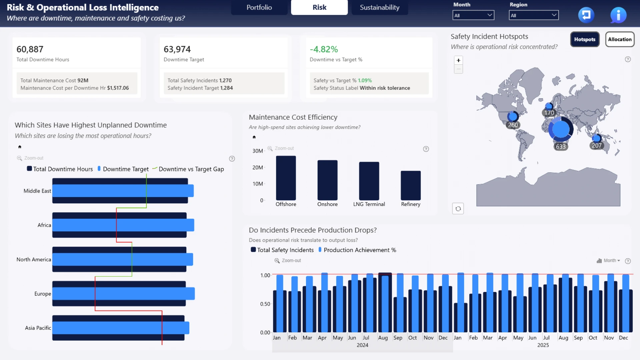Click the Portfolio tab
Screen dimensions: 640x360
259,7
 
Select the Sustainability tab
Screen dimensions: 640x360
379,7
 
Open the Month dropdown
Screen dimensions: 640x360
473,15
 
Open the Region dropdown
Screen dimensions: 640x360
533,15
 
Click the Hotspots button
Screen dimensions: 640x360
585,39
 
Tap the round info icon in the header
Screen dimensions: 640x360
618,15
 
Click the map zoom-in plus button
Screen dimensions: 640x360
458,60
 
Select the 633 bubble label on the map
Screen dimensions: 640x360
561,147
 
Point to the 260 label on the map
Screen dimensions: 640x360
513,125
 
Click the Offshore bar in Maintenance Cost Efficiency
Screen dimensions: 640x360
286,178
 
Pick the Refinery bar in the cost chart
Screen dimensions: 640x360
411,186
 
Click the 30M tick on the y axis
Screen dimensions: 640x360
258,151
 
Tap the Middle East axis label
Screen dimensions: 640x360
37,191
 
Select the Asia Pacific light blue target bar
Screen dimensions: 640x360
121,328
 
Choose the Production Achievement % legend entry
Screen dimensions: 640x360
357,250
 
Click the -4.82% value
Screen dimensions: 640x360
324,49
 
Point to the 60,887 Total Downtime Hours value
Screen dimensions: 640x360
30,49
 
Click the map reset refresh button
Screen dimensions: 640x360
458,209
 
